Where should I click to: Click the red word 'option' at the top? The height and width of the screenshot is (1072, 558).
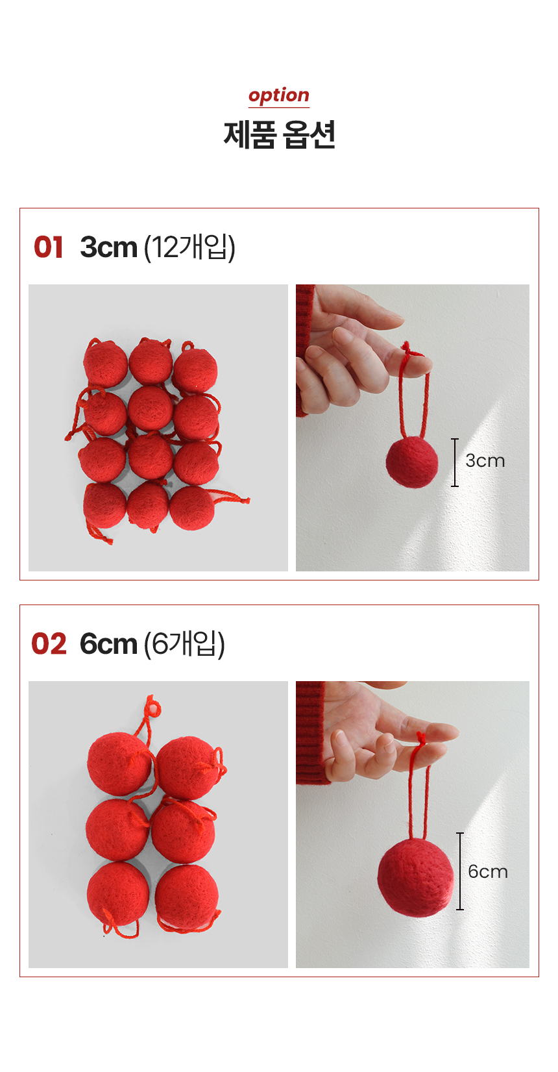pyautogui.click(x=279, y=95)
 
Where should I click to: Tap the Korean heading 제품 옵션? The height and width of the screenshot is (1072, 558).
pyautogui.click(x=279, y=135)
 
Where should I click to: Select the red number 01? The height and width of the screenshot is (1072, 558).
pyautogui.click(x=48, y=247)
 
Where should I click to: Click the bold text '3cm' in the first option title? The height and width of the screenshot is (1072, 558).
pyautogui.click(x=109, y=247)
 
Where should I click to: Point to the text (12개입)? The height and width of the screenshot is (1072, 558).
pyautogui.click(x=190, y=247)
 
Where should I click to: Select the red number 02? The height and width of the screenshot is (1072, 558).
pyautogui.click(x=49, y=643)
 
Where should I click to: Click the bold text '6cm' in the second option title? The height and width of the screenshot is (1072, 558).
pyautogui.click(x=108, y=643)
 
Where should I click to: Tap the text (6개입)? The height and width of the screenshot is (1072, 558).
pyautogui.click(x=184, y=643)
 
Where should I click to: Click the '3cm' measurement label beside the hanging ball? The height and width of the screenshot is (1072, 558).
pyautogui.click(x=485, y=461)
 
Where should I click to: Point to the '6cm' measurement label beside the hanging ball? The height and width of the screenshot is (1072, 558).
pyautogui.click(x=488, y=871)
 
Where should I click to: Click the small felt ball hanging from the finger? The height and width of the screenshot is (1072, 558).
pyautogui.click(x=411, y=462)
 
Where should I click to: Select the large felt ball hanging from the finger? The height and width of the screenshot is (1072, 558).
pyautogui.click(x=415, y=878)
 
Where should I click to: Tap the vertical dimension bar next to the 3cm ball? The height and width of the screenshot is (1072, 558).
pyautogui.click(x=455, y=462)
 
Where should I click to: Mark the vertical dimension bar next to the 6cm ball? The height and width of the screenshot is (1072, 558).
pyautogui.click(x=460, y=871)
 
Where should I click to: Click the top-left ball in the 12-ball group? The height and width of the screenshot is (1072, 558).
pyautogui.click(x=105, y=363)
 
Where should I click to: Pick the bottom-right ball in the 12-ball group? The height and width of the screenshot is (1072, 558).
pyautogui.click(x=192, y=508)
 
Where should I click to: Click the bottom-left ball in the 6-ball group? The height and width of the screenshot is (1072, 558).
pyautogui.click(x=118, y=893)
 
